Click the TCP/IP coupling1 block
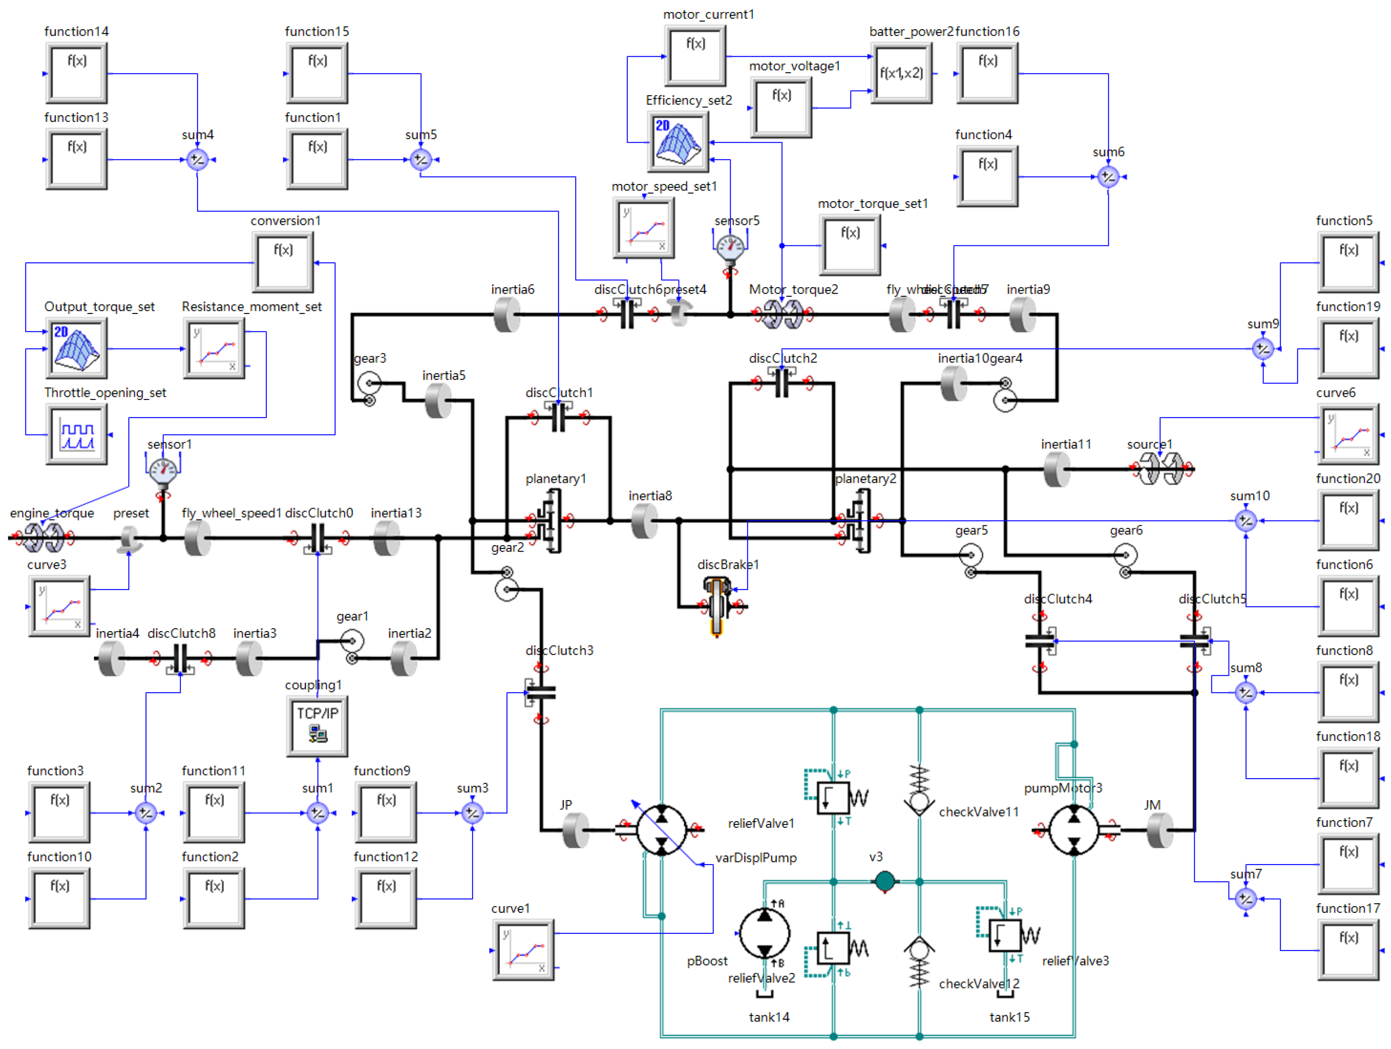point(317,726)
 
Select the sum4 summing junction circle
point(198,160)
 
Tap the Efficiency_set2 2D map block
point(678,142)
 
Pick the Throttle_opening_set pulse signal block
point(77,434)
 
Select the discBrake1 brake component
point(717,604)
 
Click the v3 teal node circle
point(885,881)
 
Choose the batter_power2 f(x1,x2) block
point(902,73)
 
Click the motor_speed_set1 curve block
point(643,228)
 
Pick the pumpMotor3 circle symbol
point(1074,830)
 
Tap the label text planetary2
point(865,479)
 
